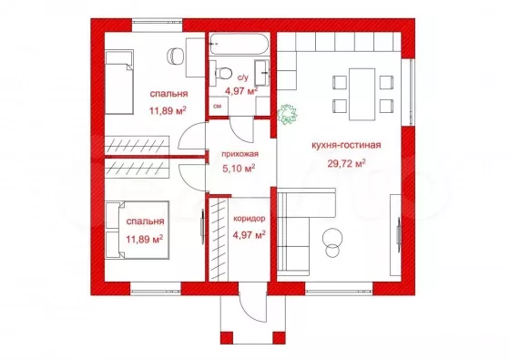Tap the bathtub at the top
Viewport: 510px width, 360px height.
click(239, 44)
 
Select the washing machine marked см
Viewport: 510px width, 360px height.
click(218, 106)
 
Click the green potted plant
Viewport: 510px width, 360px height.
click(288, 114)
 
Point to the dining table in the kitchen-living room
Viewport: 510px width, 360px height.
click(362, 94)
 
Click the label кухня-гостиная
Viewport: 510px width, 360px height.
click(346, 145)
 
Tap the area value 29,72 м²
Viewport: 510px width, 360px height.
click(346, 163)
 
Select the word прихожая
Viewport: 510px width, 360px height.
click(240, 154)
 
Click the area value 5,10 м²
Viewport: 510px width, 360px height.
click(239, 169)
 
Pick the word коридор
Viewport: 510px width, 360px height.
click(250, 219)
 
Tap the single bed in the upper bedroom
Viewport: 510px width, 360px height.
click(119, 82)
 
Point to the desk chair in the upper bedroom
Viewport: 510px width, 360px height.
click(176, 57)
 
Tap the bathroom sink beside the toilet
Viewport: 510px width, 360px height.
click(262, 72)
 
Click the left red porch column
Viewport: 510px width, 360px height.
click(227, 337)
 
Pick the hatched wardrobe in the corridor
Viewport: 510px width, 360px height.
click(218, 239)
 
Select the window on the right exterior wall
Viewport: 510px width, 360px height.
click(408, 92)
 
